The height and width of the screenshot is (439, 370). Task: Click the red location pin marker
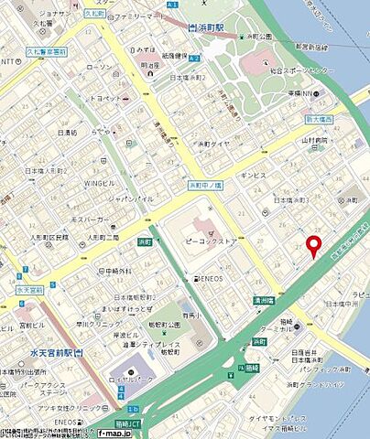point(313,246)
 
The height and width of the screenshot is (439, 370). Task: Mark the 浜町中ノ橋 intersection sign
point(206,185)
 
